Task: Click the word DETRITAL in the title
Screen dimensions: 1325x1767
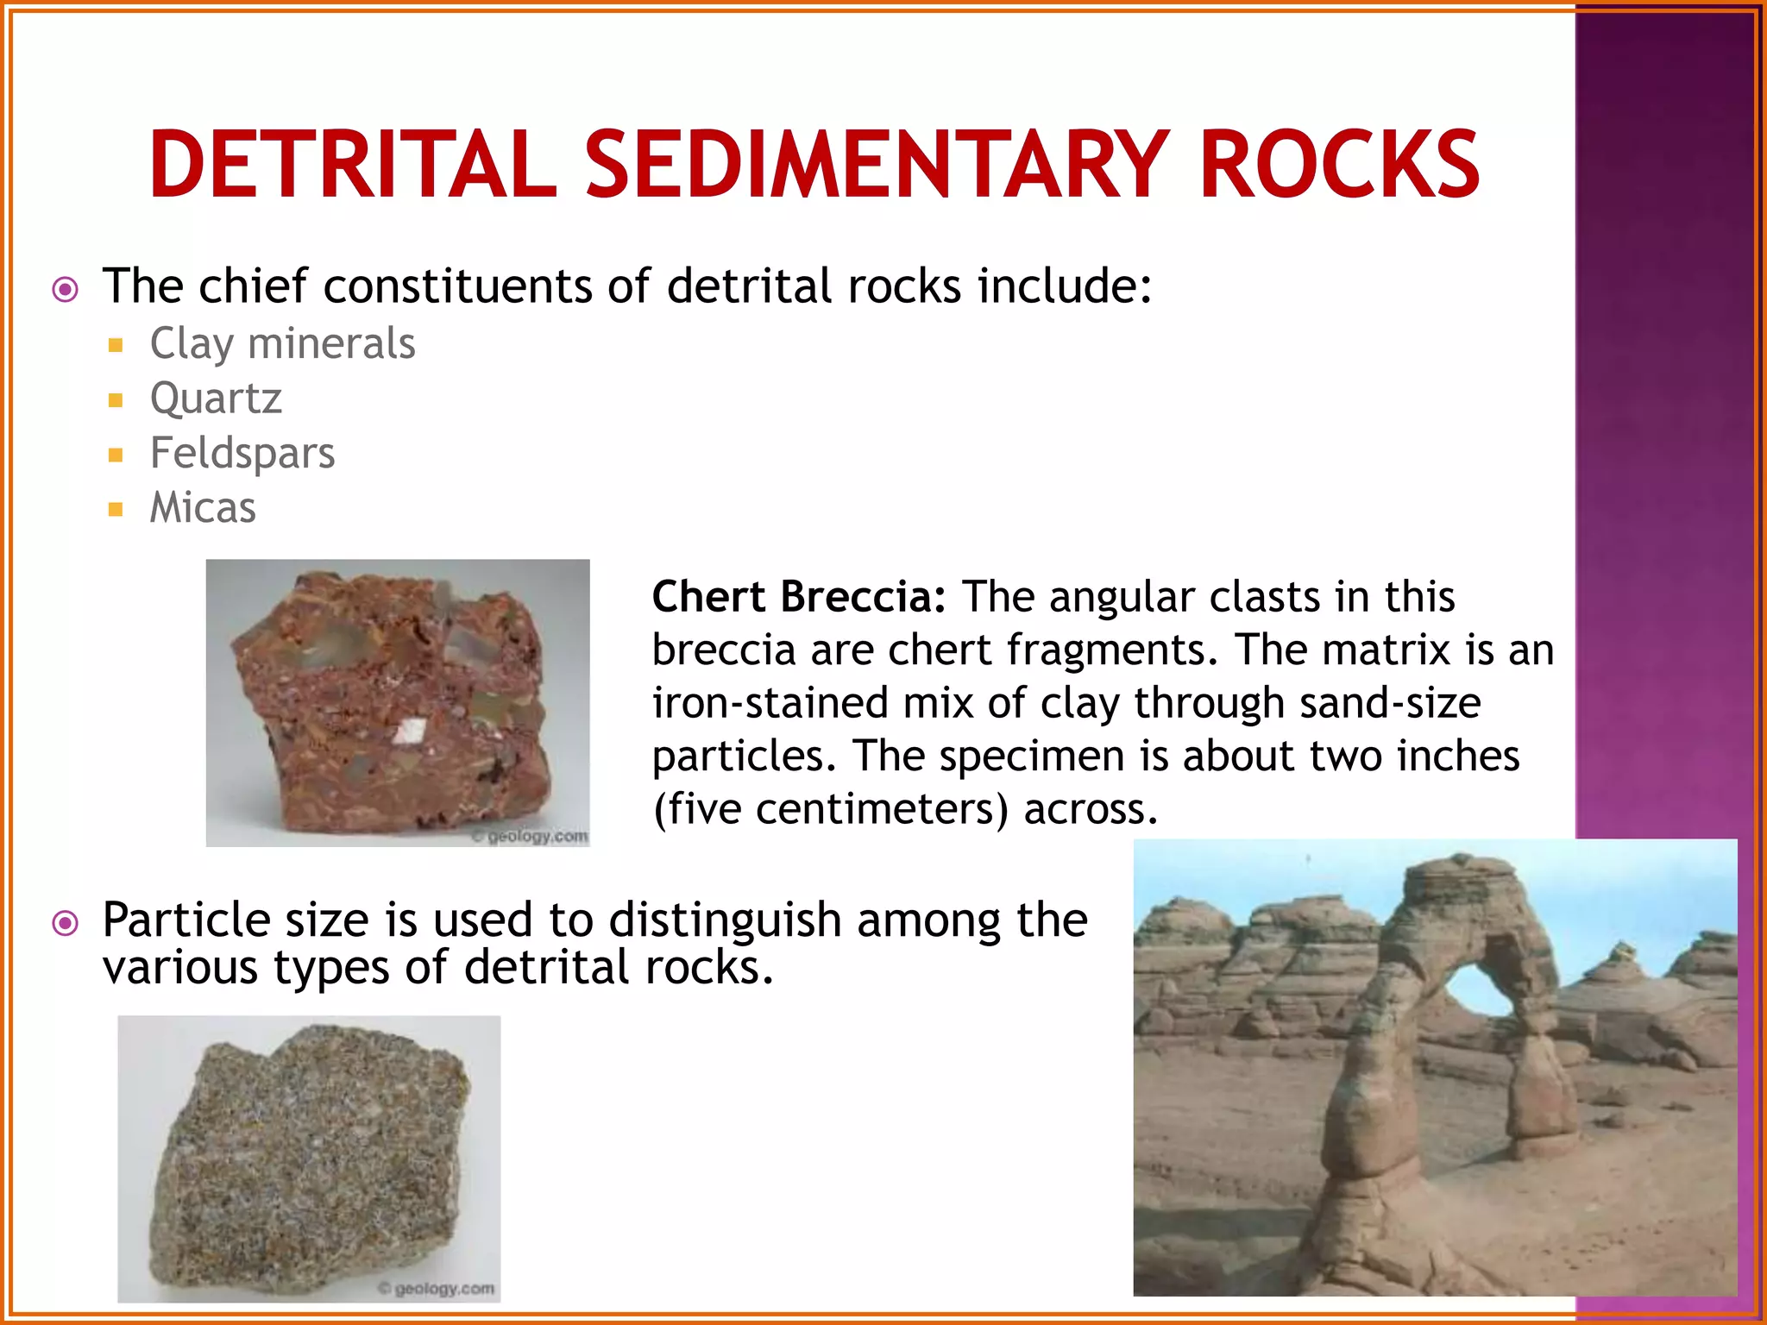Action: pyautogui.click(x=353, y=164)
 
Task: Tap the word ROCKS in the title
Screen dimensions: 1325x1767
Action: pyautogui.click(x=1339, y=164)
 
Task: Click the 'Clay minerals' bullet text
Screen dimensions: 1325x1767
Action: pyautogui.click(x=282, y=343)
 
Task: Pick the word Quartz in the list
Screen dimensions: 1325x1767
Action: pyautogui.click(x=216, y=398)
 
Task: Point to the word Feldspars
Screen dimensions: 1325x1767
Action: pyautogui.click(x=242, y=453)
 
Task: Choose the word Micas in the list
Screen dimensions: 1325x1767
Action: pyautogui.click(x=203, y=507)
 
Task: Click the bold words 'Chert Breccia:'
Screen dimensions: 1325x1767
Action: pyautogui.click(x=799, y=596)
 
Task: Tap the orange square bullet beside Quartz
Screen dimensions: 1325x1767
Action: pyautogui.click(x=116, y=399)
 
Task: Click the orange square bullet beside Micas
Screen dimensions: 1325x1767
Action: pyautogui.click(x=116, y=509)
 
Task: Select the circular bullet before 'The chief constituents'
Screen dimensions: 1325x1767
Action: pyautogui.click(x=66, y=289)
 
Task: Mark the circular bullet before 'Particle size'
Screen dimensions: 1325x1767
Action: pyautogui.click(x=66, y=924)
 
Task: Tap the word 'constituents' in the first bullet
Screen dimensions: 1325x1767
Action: pyautogui.click(x=457, y=286)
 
